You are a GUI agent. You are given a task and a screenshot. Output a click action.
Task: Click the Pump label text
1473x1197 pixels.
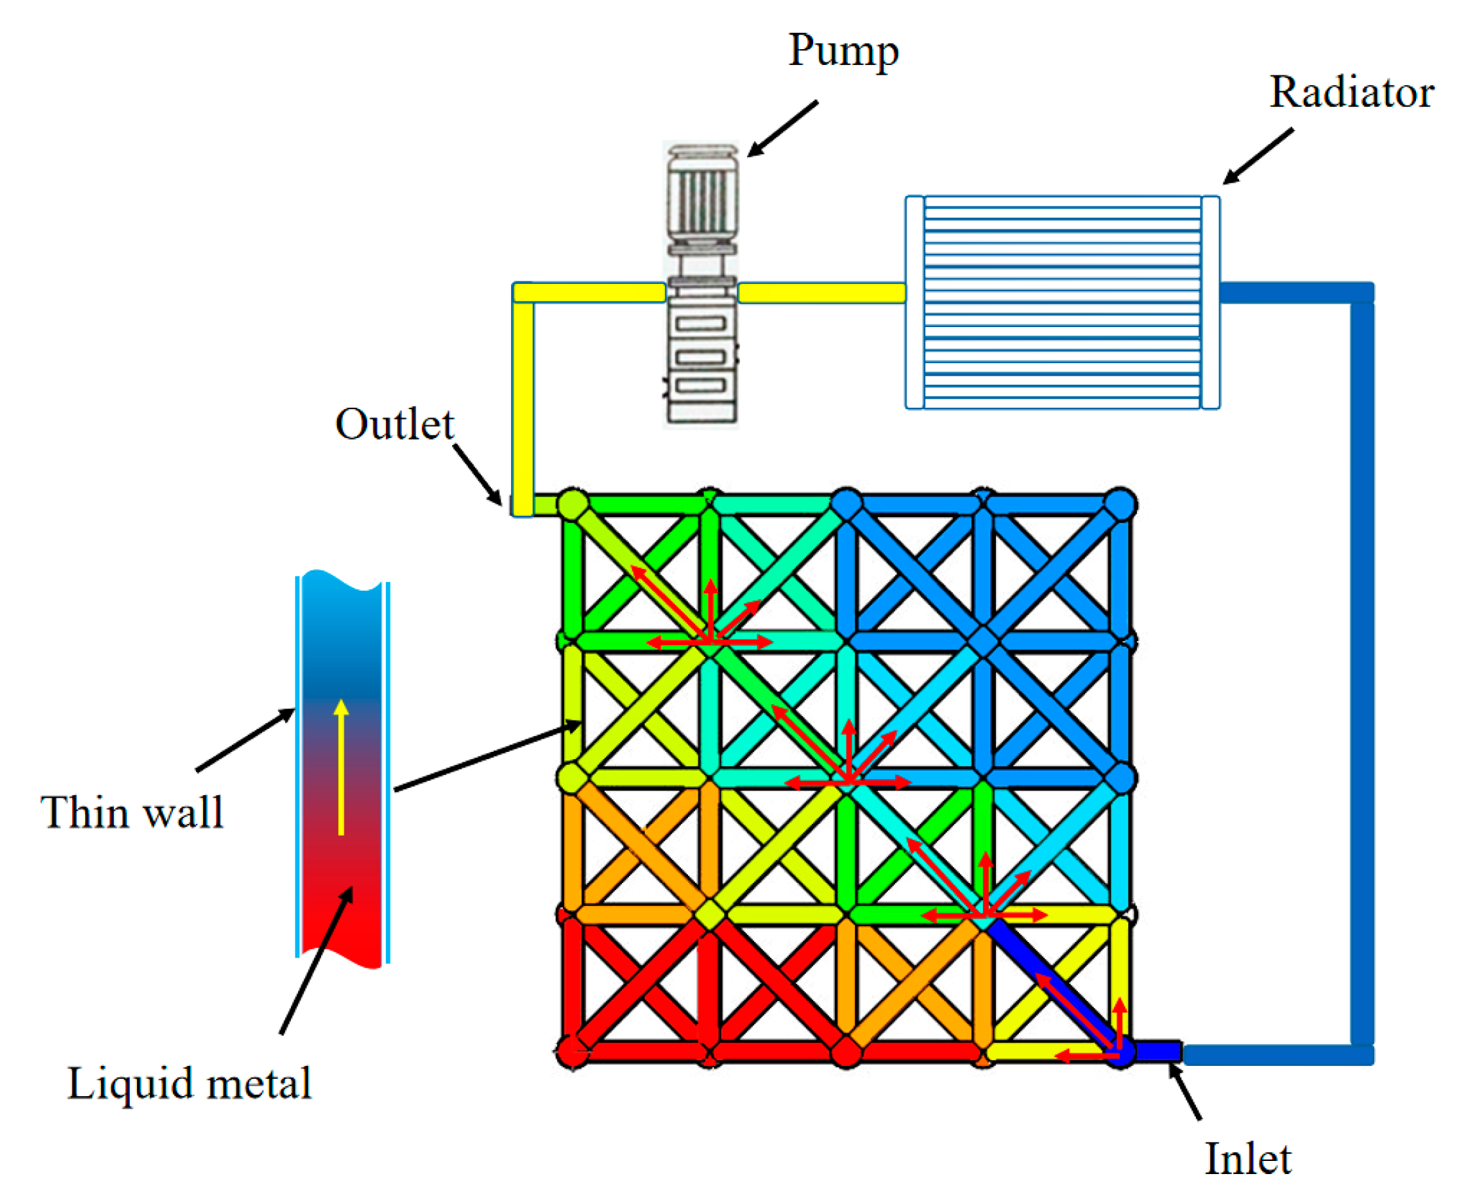click(843, 51)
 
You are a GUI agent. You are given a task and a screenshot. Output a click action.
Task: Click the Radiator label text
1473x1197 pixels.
click(1351, 92)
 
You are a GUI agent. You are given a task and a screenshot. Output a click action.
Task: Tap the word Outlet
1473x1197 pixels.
click(394, 424)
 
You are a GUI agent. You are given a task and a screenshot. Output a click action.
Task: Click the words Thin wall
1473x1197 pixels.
click(132, 812)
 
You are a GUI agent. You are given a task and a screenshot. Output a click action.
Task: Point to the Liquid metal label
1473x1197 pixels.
click(189, 1083)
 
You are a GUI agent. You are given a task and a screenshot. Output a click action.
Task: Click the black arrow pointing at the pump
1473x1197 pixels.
click(783, 128)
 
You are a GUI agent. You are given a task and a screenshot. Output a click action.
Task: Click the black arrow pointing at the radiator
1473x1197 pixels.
click(1259, 156)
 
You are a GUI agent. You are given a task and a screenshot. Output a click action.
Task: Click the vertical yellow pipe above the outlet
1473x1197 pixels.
click(523, 400)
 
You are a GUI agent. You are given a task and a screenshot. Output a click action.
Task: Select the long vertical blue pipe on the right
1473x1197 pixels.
click(1362, 669)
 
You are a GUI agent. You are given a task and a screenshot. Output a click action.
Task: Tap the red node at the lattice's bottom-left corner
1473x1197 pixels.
click(572, 1052)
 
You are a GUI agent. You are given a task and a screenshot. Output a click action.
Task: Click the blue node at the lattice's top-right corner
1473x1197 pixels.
click(1119, 504)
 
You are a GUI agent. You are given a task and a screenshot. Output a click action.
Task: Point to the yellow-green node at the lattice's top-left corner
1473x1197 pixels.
click(572, 504)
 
